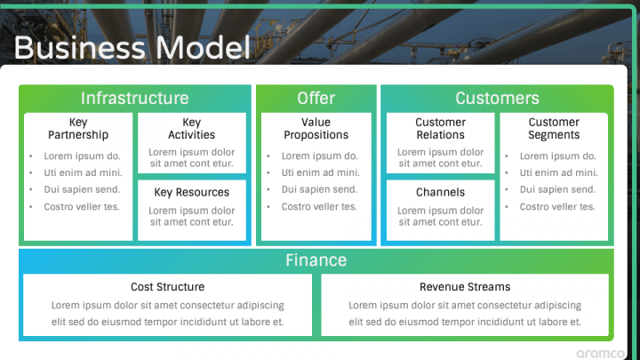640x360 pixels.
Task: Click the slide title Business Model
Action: click(x=132, y=47)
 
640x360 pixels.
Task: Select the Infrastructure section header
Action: click(x=134, y=99)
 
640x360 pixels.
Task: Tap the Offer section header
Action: click(x=316, y=99)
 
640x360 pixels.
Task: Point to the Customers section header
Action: click(x=497, y=99)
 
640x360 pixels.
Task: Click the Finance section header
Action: click(x=316, y=260)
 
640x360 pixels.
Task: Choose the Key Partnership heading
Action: click(x=78, y=129)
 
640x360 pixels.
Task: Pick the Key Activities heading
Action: click(x=191, y=129)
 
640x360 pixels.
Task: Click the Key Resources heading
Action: click(x=191, y=192)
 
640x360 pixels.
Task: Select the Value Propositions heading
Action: click(x=316, y=129)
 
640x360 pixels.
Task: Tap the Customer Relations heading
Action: click(x=440, y=129)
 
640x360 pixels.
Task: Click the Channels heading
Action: click(x=440, y=192)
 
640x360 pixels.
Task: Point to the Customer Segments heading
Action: click(x=554, y=129)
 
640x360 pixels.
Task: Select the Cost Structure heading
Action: click(x=167, y=287)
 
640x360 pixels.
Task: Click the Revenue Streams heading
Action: click(x=465, y=287)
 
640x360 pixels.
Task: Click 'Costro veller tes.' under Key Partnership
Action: click(x=82, y=207)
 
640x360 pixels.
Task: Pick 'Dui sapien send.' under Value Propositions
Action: click(x=319, y=189)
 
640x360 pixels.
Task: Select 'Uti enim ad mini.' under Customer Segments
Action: click(x=558, y=172)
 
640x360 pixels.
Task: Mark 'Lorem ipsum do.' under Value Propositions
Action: click(x=319, y=156)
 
